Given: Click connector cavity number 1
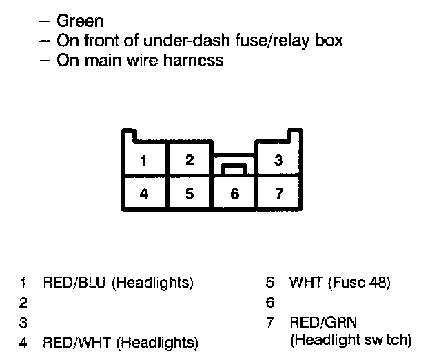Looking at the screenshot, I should pos(144,161).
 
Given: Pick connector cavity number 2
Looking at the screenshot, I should pos(190,161).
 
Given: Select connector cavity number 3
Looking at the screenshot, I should pos(278,161).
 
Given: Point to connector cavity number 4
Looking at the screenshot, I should pos(144,193).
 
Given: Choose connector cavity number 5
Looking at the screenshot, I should pos(190,193).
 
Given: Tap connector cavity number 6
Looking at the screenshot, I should pos(234,194).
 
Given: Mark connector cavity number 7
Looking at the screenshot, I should pos(278,193).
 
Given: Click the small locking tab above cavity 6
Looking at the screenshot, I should pos(234,168).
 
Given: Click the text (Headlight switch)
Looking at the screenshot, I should pos(351,340).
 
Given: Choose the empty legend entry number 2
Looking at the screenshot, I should pos(23,302).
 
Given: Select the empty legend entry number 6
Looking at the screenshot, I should pos(270,302).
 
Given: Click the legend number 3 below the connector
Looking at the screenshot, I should pos(23,322).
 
